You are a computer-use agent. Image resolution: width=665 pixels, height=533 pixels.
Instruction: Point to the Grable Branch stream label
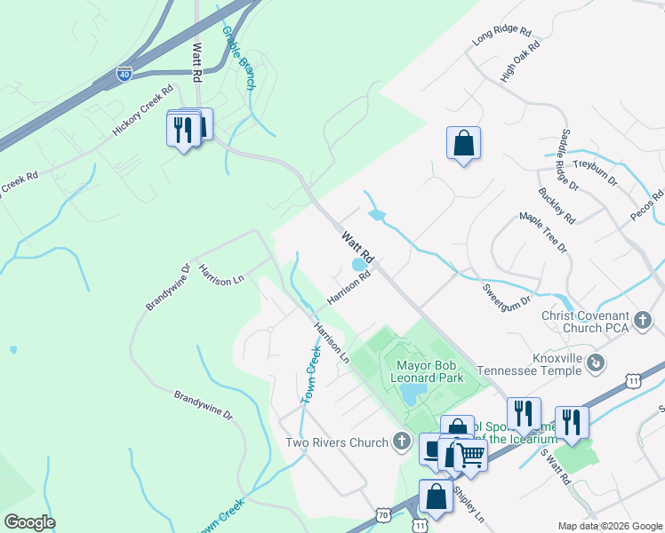[x=239, y=58]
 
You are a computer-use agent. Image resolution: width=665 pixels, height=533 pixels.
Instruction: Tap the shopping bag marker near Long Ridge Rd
[x=463, y=143]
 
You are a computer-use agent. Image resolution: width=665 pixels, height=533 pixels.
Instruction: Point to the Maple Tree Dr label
[x=543, y=233]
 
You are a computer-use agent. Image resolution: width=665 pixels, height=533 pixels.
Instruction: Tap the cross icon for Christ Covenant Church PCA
[x=645, y=317]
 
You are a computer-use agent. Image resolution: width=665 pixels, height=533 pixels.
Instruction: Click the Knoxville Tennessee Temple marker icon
[x=597, y=362]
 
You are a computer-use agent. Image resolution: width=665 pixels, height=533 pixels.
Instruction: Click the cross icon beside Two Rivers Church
[x=402, y=442]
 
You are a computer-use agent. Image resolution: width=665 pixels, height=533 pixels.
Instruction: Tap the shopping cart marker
[x=470, y=456]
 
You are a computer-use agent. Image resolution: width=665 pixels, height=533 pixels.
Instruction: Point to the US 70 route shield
[x=382, y=514]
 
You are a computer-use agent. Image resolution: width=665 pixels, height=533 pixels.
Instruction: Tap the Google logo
[x=29, y=521]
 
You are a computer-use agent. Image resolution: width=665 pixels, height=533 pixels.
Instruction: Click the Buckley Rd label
[x=557, y=204]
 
